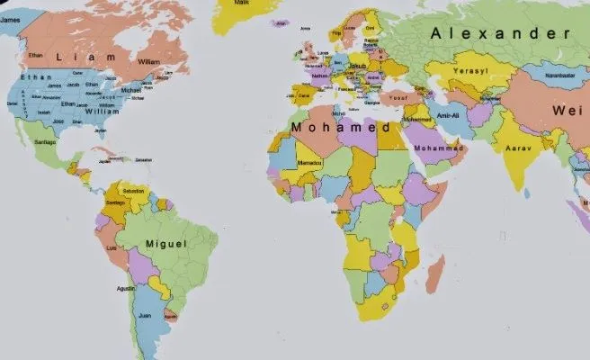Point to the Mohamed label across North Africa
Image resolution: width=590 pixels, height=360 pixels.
point(345,128)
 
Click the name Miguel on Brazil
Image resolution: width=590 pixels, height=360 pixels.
point(165,244)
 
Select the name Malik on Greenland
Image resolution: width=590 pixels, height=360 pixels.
point(241,3)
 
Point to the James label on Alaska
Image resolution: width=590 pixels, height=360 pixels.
point(8,8)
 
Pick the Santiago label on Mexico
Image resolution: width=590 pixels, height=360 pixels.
point(45,142)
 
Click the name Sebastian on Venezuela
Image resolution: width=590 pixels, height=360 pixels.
point(134,192)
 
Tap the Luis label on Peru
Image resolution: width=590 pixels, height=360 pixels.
point(112,247)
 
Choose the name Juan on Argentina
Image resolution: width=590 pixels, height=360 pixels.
point(145,315)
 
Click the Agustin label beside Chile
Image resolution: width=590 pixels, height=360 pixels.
point(126,288)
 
